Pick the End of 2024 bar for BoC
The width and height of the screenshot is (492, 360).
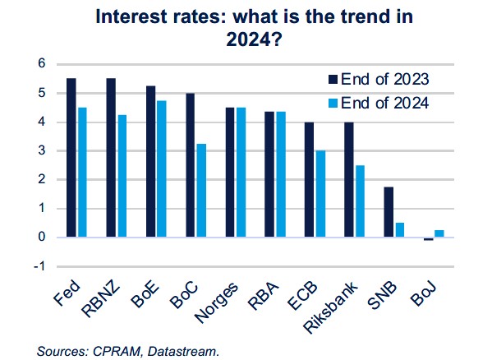pos(200,190)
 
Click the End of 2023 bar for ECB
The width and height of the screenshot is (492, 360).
pos(309,179)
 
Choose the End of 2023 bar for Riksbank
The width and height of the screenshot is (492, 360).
pos(348,179)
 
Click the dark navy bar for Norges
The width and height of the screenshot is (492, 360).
pos(230,172)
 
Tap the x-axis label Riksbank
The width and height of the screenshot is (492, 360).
pos(338,303)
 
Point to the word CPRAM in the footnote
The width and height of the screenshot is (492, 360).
pos(112,351)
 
